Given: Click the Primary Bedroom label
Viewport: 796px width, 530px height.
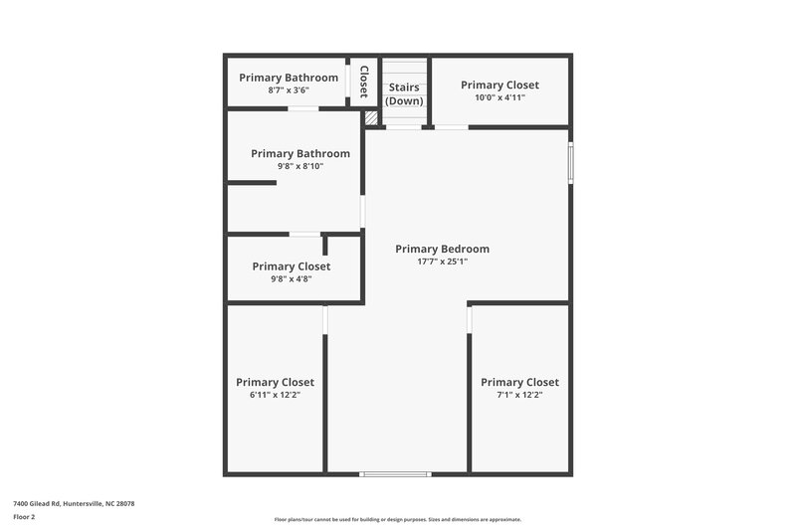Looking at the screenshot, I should coord(442,249).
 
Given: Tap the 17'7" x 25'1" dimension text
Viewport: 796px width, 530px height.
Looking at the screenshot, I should coord(442,262).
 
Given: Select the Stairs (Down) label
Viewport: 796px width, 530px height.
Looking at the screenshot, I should coord(404,94).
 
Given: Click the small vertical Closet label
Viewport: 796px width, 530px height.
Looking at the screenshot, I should coord(364,82).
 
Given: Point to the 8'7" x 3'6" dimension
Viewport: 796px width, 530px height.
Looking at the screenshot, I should coord(289,90).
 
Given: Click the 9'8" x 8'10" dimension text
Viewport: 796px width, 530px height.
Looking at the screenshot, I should coord(300,166).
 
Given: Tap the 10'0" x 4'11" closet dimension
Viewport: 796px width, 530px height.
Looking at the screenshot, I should coord(499,97).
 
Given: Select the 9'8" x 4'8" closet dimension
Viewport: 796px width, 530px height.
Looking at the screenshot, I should coord(291,279).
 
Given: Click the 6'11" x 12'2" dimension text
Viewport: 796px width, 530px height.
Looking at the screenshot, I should coord(275,395).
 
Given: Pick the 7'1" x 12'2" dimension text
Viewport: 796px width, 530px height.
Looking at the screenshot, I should coord(519,395).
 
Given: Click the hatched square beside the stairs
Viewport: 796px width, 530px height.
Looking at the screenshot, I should coord(371,118).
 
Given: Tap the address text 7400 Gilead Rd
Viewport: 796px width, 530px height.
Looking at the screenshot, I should coord(73,504).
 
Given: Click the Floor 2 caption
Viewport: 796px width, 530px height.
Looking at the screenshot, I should coord(25,517).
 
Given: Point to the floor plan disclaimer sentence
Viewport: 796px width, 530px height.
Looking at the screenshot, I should coord(397,519).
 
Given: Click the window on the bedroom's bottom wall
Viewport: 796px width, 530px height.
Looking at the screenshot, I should coord(396,473).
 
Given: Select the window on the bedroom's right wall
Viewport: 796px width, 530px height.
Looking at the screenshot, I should coord(570,164).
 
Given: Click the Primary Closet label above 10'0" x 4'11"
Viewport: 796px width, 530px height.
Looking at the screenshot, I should coord(499,85).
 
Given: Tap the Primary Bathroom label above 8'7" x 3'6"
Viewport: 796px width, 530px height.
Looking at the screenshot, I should coord(289,78).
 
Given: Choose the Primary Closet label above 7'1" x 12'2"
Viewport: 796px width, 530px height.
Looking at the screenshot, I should coord(519,382).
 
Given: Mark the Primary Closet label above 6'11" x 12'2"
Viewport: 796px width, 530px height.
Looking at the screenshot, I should coord(275,382).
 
